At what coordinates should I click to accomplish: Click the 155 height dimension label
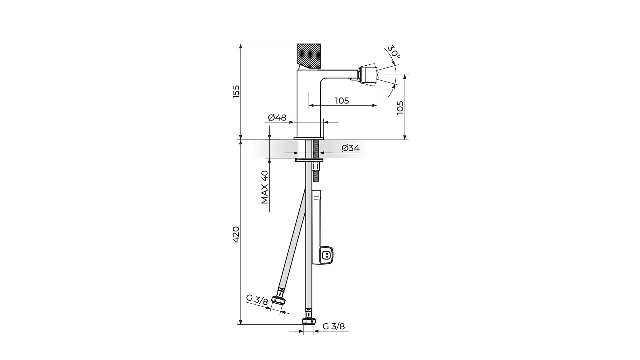[x=236, y=92]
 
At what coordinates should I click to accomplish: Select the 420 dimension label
[x=236, y=234]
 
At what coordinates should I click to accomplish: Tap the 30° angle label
[x=394, y=52]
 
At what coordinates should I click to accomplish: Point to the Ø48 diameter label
[x=277, y=118]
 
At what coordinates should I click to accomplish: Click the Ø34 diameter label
[x=351, y=148]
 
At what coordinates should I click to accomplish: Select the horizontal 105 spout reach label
[x=342, y=100]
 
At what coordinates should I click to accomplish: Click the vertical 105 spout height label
[x=400, y=108]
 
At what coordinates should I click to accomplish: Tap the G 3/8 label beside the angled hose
[x=257, y=300]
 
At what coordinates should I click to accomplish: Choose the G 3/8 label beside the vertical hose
[x=334, y=326]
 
